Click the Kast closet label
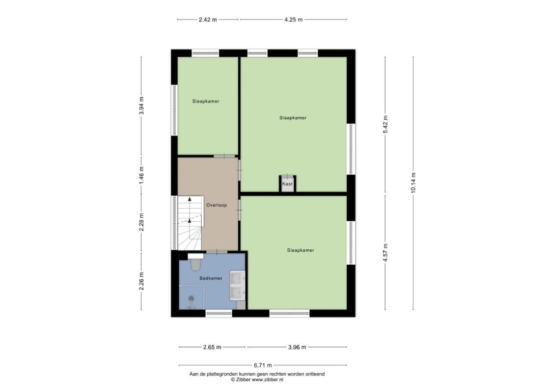click(x=287, y=184)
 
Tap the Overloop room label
click(x=216, y=205)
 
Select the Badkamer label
click(x=211, y=278)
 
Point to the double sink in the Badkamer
click(x=237, y=285)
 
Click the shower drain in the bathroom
click(x=191, y=298)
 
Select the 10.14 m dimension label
click(x=413, y=183)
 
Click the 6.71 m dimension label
click(x=263, y=366)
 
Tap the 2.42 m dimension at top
click(x=208, y=20)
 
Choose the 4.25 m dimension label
click(x=293, y=20)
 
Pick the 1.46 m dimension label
click(x=142, y=175)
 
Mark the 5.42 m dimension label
click(x=385, y=124)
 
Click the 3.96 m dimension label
click(x=297, y=347)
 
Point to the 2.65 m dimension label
click(x=212, y=347)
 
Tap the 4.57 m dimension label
click(x=385, y=252)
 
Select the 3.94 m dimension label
click(x=142, y=106)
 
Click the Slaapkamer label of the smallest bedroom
click(x=206, y=101)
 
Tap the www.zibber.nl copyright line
click(x=257, y=379)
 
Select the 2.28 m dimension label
click(x=142, y=222)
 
